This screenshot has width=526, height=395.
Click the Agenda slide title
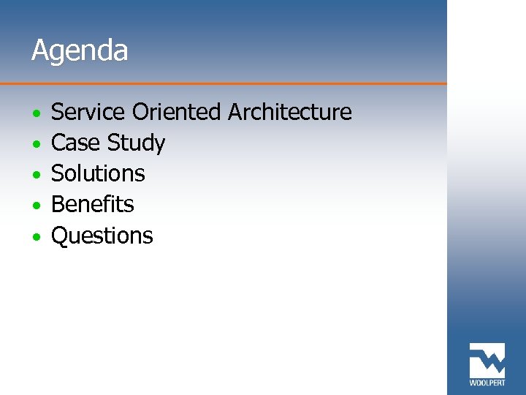coord(80,51)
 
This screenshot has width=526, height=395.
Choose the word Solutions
coord(98,173)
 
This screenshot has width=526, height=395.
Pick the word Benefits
coord(93,204)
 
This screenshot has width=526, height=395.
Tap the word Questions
coord(102,236)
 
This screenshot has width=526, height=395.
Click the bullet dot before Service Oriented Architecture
coord(36,114)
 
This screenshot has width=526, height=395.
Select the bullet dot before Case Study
coord(36,145)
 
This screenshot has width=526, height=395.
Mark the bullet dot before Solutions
coord(36,176)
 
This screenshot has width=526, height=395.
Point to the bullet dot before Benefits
coord(36,206)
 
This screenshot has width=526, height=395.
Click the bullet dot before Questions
coord(36,238)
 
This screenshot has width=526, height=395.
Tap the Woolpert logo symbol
coord(487,360)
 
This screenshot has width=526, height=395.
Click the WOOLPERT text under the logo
coord(487,383)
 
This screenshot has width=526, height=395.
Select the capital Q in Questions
coord(60,236)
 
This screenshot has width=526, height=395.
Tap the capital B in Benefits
coord(58,204)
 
